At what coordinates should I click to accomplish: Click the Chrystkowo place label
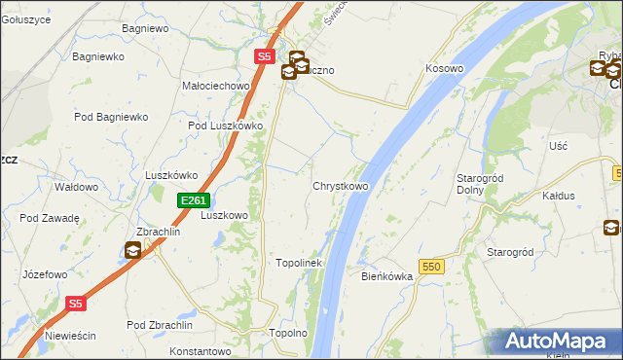point(340,186)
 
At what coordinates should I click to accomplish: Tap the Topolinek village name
point(299,263)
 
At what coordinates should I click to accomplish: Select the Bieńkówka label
point(387,276)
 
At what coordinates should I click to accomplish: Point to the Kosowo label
point(443,69)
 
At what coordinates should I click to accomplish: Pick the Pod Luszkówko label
point(226,126)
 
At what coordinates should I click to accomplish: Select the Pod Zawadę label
point(49,218)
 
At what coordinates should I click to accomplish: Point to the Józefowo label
point(45,274)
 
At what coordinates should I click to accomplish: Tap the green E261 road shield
point(192,200)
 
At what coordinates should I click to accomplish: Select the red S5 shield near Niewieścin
point(78,304)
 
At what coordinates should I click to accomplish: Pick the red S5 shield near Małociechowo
point(265,57)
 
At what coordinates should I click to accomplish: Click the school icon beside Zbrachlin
point(132,252)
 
